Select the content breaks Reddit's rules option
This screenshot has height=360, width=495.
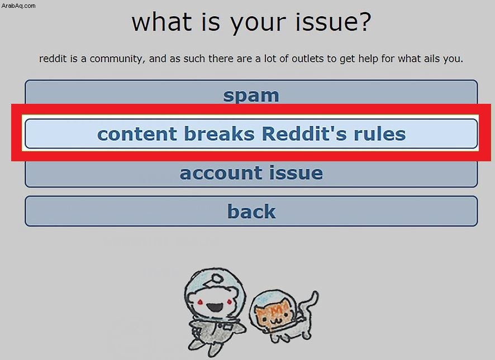[x=251, y=133]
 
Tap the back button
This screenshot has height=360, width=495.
[x=251, y=211]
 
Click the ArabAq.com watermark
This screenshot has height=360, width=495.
[x=18, y=6]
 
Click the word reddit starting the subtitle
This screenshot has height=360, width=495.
[x=53, y=59]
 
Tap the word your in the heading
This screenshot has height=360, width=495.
[x=258, y=24]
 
